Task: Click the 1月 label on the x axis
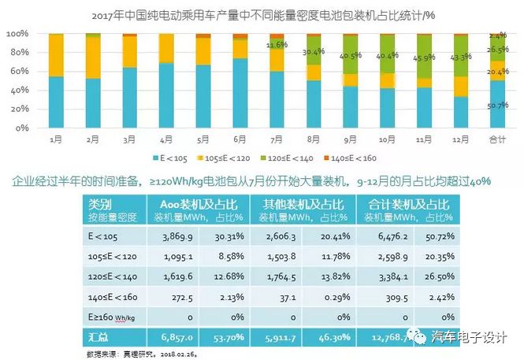[56, 139]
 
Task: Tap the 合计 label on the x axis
[498, 139]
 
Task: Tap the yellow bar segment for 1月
[56, 55]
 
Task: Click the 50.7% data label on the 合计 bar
[498, 106]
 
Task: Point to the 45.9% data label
[425, 58]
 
